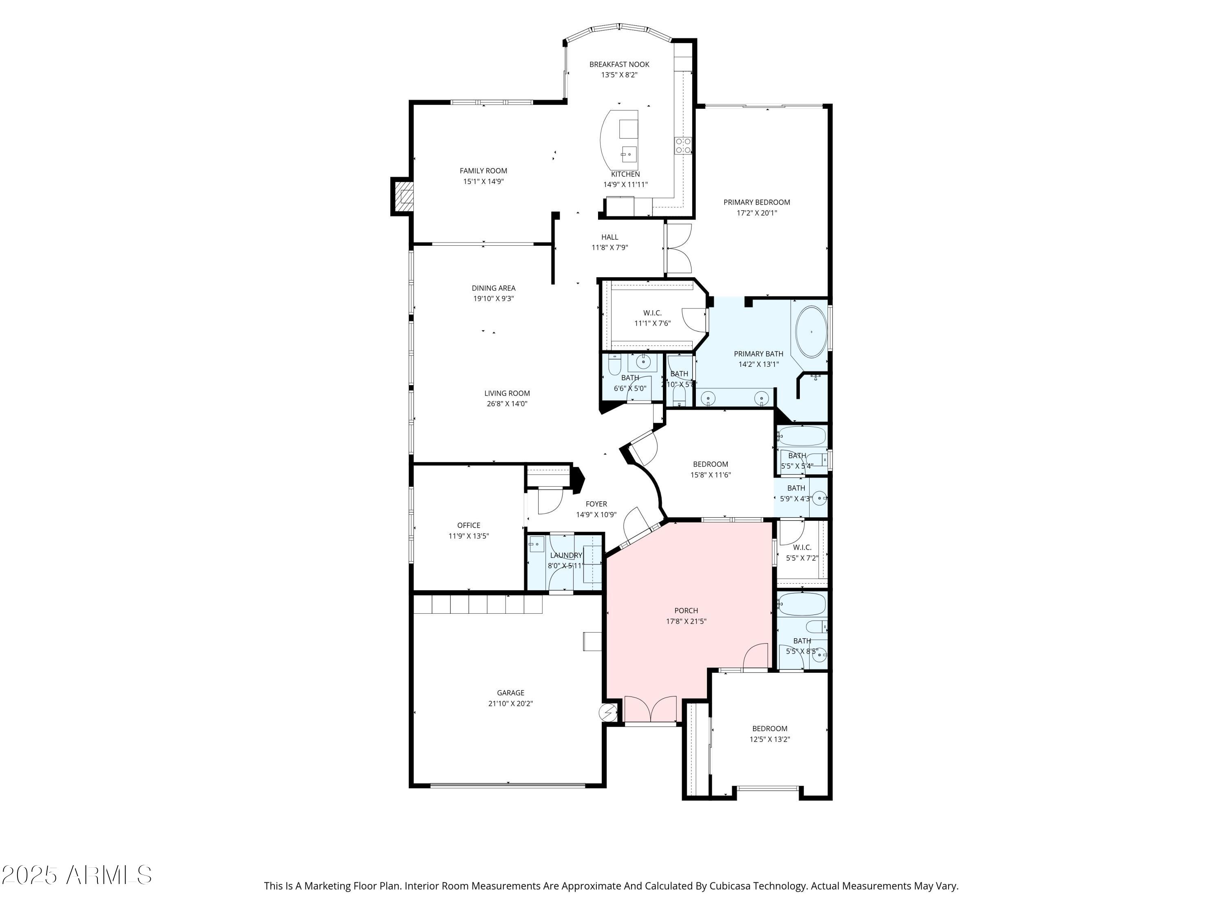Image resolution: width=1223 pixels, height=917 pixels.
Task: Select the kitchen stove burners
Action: [683, 146]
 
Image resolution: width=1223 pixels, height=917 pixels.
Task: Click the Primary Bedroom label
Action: [756, 202]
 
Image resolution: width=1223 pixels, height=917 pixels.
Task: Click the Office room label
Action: [468, 525]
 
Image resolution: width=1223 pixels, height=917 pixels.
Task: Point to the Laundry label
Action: [566, 555]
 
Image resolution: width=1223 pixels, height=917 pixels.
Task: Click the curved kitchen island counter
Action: [608, 141]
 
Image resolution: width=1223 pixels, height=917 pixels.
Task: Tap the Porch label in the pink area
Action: [686, 610]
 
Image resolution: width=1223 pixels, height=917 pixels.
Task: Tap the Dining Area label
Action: [493, 288]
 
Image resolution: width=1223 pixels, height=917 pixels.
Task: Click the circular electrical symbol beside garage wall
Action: [608, 713]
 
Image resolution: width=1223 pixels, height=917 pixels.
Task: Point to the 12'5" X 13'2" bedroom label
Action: [770, 739]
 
